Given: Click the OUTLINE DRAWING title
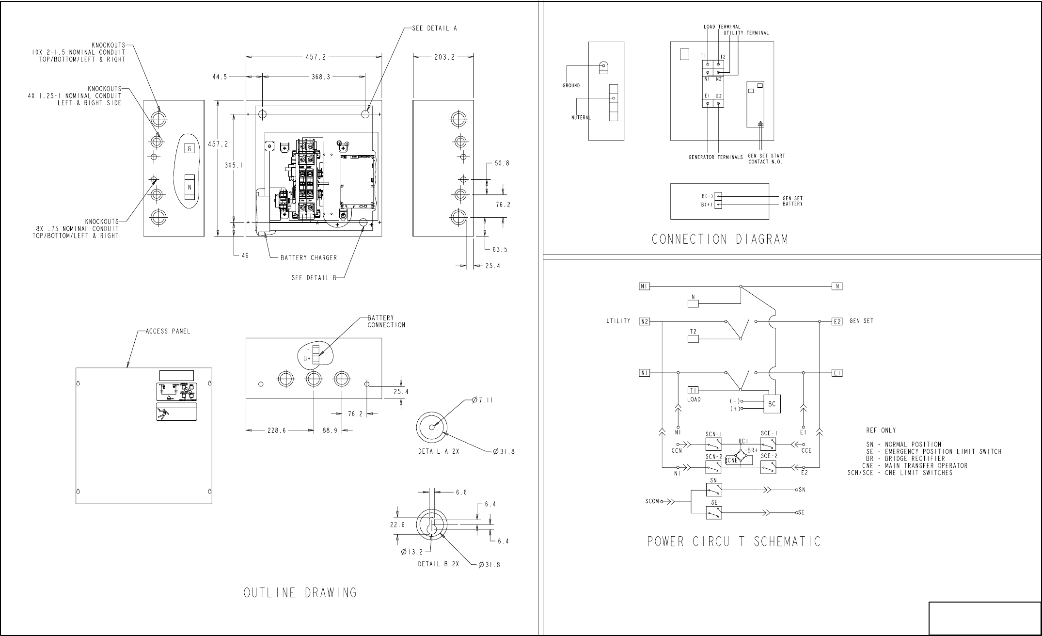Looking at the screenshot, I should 300,593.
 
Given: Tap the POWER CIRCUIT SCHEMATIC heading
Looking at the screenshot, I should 734,541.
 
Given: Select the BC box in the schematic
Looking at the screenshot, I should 772,404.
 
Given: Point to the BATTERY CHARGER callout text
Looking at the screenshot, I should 309,258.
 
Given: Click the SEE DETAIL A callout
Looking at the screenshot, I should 434,28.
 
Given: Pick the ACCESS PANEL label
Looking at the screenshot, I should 168,332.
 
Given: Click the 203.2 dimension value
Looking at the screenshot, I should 444,57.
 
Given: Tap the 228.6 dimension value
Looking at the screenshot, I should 277,430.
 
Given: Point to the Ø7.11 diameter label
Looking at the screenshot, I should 483,400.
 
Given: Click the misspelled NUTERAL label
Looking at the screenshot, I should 581,117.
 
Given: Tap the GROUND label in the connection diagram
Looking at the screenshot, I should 571,86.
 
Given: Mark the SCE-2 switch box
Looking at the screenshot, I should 768,467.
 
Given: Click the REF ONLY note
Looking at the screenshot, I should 881,430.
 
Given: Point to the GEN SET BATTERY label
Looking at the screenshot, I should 792,201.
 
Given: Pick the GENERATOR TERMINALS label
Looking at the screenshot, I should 716,157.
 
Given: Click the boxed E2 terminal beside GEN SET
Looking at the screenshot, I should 837,321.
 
